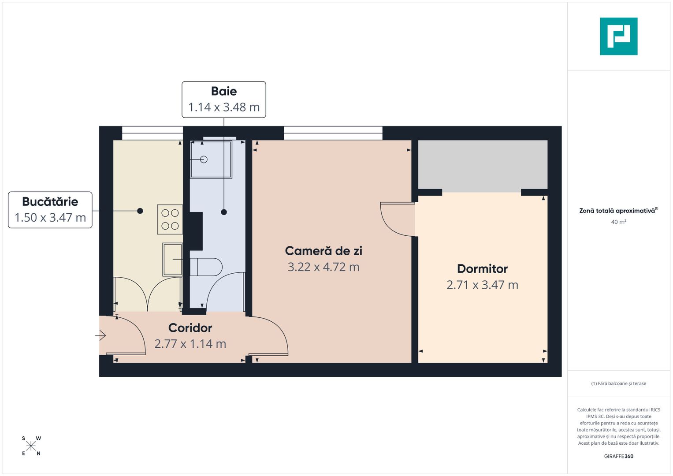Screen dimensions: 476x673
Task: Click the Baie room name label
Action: coord(224,91)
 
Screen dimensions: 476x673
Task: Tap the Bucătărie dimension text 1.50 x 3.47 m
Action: coord(50,217)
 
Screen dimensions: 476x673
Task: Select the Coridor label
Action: coord(190,328)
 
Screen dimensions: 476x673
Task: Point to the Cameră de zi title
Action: coord(323,251)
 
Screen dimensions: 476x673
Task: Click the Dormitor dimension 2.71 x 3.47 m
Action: coord(482,285)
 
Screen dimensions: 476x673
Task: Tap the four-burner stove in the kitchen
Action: coord(170,219)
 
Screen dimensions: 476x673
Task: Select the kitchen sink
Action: coord(172,259)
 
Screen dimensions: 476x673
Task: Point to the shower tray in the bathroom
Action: coord(211,159)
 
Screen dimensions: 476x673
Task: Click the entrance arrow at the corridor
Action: coord(100,336)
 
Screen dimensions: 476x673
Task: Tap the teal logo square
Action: coord(618,36)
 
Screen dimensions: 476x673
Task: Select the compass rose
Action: coord(31,446)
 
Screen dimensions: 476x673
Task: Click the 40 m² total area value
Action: coord(618,222)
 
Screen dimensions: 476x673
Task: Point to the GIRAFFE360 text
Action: coord(618,456)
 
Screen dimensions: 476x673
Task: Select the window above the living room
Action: coord(333,133)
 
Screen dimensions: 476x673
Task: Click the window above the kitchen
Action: coord(152,133)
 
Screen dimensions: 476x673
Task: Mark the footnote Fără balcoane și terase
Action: coord(618,383)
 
